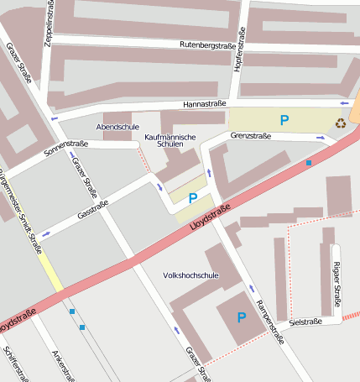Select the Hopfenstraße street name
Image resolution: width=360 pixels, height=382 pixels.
(x=239, y=50)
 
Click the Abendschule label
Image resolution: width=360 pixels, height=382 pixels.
(x=117, y=127)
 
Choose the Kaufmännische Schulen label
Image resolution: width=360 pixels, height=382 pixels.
(x=170, y=140)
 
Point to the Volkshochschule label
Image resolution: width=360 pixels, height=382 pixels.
(x=190, y=275)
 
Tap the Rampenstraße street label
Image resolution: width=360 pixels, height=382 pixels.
(x=269, y=320)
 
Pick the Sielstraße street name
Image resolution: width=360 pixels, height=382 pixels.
(x=305, y=322)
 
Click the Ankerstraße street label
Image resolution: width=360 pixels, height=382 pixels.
(x=58, y=364)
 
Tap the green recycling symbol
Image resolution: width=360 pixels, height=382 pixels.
(x=341, y=123)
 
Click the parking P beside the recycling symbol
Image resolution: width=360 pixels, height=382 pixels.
(x=284, y=120)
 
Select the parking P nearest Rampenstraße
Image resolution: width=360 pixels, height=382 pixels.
(x=242, y=317)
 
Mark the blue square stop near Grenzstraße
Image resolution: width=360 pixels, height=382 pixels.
(x=309, y=162)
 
